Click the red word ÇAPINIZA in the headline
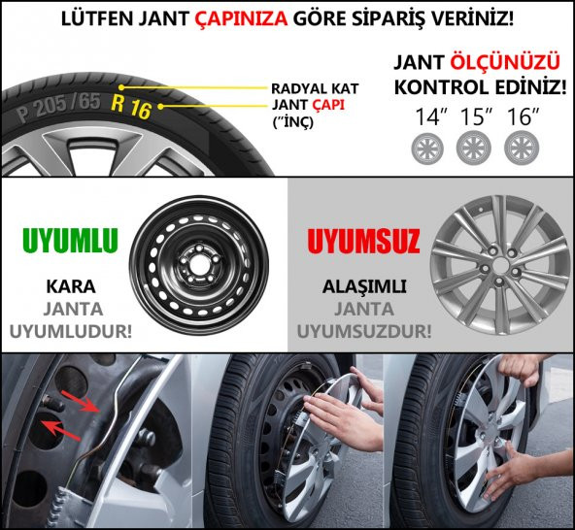(241, 18)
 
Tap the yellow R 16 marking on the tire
(131, 106)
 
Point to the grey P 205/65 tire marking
(58, 107)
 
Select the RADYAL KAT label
(315, 88)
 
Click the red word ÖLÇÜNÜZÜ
(505, 62)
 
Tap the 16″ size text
(523, 116)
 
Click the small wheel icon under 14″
(427, 149)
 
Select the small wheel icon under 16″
(521, 149)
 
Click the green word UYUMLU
(70, 241)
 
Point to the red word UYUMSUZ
(364, 241)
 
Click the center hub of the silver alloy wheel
(500, 265)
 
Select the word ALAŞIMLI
(364, 286)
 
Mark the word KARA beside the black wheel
(71, 286)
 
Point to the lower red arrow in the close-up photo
(61, 430)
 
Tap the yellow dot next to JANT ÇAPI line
(160, 107)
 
